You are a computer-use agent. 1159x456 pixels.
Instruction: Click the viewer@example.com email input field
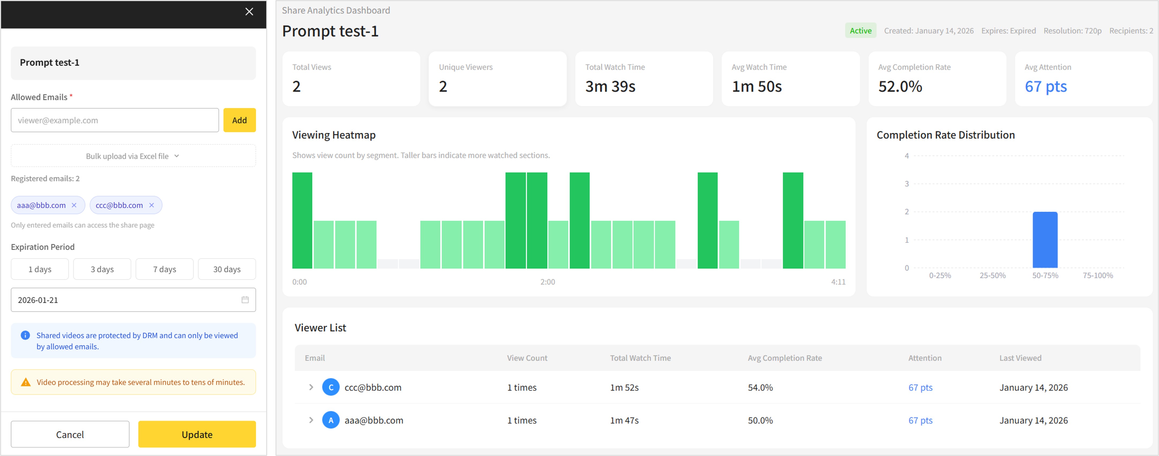(x=115, y=120)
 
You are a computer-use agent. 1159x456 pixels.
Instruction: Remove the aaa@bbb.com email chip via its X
(x=74, y=205)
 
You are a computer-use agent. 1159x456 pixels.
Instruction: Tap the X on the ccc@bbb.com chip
(x=152, y=205)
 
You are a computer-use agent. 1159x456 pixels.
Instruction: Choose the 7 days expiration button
(x=165, y=269)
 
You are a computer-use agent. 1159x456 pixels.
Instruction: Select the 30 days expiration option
(x=227, y=269)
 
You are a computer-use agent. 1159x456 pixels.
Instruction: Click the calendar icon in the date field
(x=245, y=300)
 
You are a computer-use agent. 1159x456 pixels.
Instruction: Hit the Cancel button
(x=70, y=434)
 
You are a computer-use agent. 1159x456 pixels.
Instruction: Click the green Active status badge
(x=860, y=31)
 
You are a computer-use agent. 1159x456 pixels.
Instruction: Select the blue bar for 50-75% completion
(x=1045, y=240)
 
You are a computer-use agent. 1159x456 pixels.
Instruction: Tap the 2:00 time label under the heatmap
(x=547, y=282)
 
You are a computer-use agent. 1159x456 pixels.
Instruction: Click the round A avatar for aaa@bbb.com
(x=331, y=420)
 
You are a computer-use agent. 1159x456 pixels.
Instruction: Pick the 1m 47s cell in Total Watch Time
(x=624, y=420)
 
